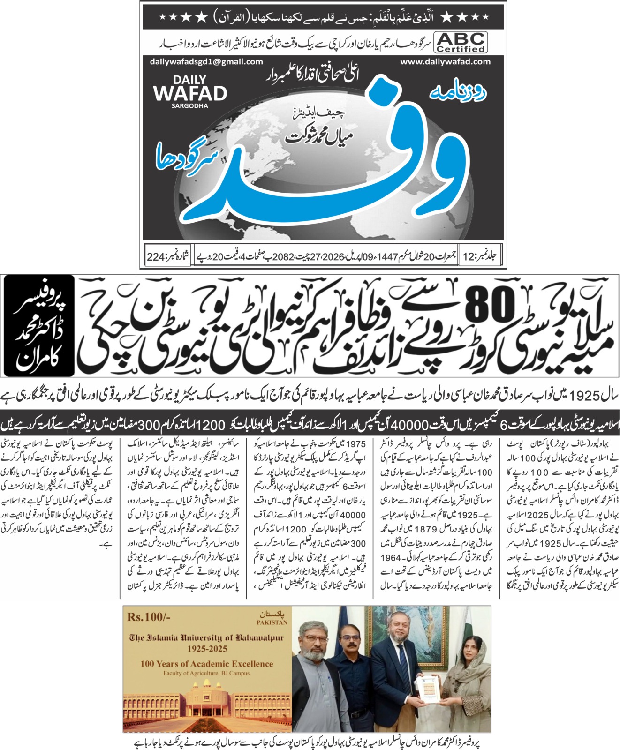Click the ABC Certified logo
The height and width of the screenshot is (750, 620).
461,42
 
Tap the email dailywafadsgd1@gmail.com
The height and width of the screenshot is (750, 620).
206,62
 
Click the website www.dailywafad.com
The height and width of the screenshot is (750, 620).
445,62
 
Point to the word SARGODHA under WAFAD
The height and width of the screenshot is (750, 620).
189,106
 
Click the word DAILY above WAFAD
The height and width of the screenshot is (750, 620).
189,80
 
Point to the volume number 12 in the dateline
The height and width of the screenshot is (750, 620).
469,257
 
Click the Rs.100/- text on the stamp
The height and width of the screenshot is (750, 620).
149,616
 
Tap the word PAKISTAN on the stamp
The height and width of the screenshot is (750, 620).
272,622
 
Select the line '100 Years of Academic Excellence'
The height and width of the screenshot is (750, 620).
206,664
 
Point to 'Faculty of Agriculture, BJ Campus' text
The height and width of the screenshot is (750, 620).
206,673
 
